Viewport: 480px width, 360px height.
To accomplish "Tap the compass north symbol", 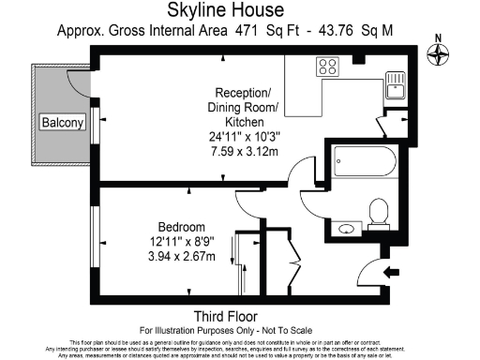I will click(437, 53).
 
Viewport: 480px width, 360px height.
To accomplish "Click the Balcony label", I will click(62, 123).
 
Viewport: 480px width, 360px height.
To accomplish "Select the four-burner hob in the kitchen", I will click(328, 67).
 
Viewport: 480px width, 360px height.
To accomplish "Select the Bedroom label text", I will click(182, 228).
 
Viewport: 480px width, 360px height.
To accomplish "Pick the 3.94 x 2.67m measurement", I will click(182, 256).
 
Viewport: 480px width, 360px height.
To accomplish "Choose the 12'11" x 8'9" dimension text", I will click(182, 242).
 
